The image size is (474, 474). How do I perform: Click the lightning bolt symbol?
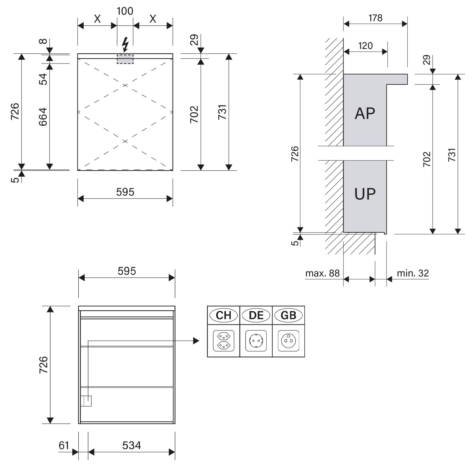pyautogui.click(x=125, y=45)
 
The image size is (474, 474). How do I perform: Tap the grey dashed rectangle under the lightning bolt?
pyautogui.click(x=125, y=59)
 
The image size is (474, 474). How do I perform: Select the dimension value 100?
pyautogui.click(x=125, y=11)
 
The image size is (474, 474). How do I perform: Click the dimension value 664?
pyautogui.click(x=43, y=117)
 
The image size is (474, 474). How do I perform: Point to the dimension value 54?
pyautogui.click(x=43, y=79)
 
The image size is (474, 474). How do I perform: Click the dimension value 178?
pyautogui.click(x=375, y=18)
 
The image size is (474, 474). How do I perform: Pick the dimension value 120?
pyautogui.click(x=365, y=46)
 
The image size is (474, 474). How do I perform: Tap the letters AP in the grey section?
pyautogui.click(x=365, y=113)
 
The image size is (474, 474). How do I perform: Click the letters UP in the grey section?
pyautogui.click(x=365, y=194)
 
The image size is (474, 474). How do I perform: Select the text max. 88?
pyautogui.click(x=322, y=273)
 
